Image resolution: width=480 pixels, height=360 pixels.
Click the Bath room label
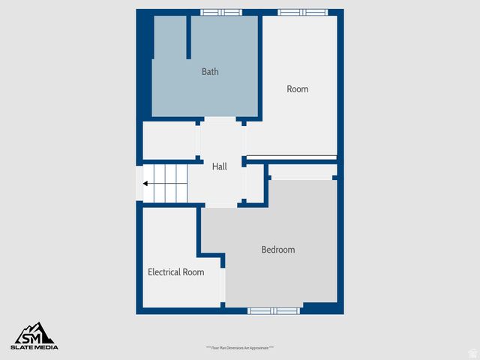[x=210, y=72]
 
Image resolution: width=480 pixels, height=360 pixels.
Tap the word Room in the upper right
[x=298, y=89]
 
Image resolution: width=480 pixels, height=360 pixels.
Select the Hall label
[x=220, y=166]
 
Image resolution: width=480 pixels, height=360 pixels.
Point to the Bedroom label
[x=277, y=250]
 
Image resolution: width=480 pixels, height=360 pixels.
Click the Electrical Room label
[x=175, y=272]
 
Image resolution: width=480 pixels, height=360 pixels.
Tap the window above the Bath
[x=221, y=12]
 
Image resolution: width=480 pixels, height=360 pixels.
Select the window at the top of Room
[x=302, y=12]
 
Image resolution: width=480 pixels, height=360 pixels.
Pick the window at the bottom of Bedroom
[x=274, y=310]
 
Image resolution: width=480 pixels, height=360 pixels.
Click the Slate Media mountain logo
[x=34, y=333]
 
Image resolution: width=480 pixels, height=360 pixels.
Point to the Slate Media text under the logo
[x=34, y=347]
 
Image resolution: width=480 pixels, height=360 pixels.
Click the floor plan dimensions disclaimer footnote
[x=240, y=348]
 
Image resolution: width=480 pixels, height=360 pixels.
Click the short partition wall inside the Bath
[x=188, y=36]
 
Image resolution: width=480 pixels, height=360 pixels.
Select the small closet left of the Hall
[x=169, y=139]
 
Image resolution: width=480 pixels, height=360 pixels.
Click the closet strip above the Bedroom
[x=301, y=177]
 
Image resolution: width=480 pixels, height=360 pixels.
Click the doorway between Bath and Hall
[x=220, y=120]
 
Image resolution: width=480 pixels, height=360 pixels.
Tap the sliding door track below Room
[x=292, y=157]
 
